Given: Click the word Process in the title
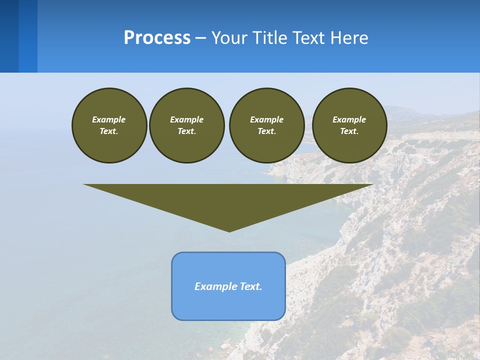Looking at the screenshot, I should [x=157, y=37].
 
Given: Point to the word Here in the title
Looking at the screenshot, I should [x=350, y=38].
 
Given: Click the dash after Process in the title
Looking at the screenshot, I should [x=200, y=38].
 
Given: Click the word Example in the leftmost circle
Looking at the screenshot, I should [x=109, y=119].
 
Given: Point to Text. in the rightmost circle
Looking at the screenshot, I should [x=349, y=131].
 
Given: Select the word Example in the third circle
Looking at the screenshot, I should [x=266, y=119].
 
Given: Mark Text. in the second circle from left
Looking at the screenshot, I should [x=187, y=131].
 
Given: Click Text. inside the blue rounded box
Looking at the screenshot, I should [x=250, y=286].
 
